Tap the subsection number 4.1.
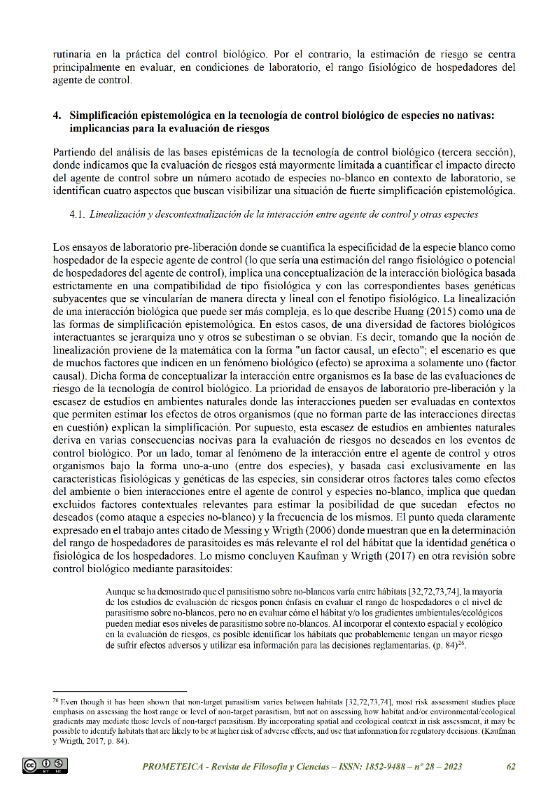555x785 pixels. [x=78, y=214]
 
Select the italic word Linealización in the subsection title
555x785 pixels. [x=120, y=214]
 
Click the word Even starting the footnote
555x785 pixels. [x=72, y=701]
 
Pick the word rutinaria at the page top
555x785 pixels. [x=74, y=55]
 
